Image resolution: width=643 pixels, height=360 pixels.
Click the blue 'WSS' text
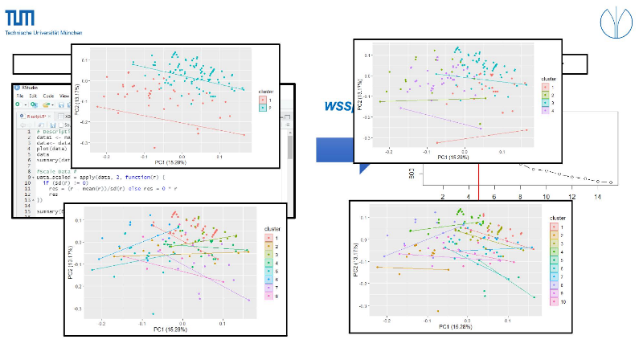[x=338, y=106]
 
